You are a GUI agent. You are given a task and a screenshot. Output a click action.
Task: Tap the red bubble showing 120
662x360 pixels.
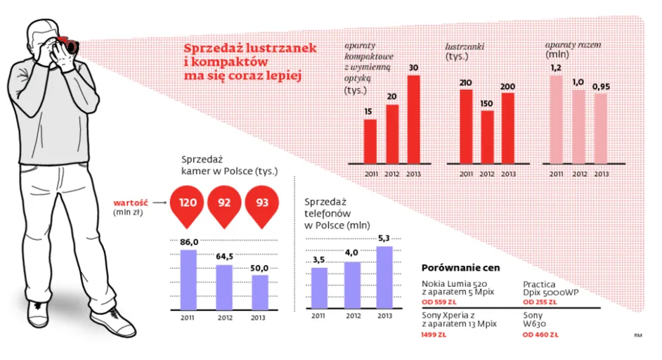click(188, 203)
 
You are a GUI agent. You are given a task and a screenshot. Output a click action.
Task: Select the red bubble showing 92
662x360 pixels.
click(225, 203)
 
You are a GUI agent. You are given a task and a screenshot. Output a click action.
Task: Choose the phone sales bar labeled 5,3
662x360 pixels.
click(384, 277)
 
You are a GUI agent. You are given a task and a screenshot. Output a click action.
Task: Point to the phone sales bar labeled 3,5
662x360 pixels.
click(319, 288)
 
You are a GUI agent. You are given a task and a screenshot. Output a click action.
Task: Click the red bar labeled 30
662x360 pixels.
click(414, 119)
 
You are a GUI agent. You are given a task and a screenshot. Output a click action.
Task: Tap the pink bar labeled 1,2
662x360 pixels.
click(557, 119)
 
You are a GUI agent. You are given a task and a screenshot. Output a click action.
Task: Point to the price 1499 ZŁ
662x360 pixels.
click(434, 335)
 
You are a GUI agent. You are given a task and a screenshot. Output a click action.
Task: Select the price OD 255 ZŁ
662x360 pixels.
click(540, 302)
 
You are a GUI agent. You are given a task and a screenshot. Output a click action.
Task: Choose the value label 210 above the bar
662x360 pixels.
click(465, 83)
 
